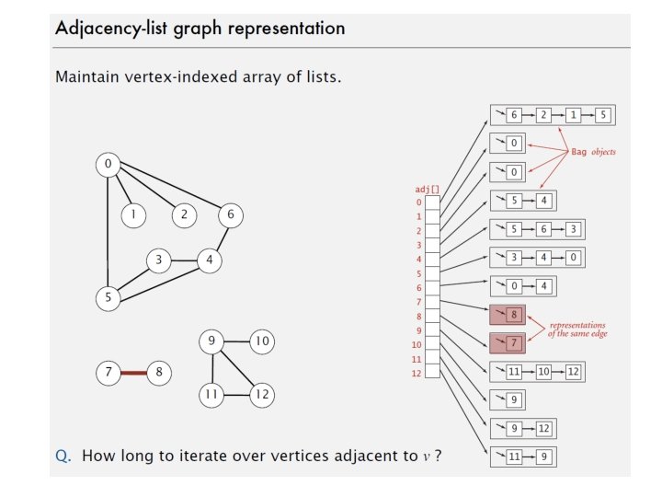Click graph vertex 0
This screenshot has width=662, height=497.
click(x=108, y=165)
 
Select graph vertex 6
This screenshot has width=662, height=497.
click(x=231, y=215)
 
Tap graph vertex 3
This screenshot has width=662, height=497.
click(x=159, y=260)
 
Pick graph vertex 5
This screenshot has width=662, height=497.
click(x=108, y=298)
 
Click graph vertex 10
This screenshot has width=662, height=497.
click(x=262, y=341)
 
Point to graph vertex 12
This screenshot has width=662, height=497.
click(x=263, y=396)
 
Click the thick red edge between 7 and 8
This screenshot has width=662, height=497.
click(x=134, y=373)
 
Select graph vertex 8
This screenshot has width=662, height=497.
click(x=159, y=373)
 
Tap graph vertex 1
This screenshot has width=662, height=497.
click(x=134, y=215)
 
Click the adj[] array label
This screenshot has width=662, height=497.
click(x=428, y=189)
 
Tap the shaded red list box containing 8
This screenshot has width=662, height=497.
click(x=508, y=315)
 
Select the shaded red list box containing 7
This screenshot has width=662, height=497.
click(x=508, y=343)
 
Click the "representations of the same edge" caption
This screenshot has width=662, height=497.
click(x=577, y=329)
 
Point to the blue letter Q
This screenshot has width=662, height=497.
click(x=62, y=456)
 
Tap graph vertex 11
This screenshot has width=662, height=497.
click(x=211, y=396)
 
